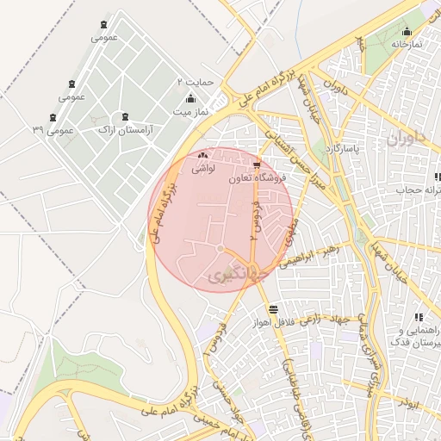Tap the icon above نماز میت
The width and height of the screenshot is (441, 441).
pyautogui.click(x=191, y=99)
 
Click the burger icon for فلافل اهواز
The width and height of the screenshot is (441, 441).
pyautogui.click(x=273, y=308)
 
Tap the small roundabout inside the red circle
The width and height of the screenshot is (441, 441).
pyautogui.click(x=220, y=249)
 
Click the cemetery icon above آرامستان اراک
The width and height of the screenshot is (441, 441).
pyautogui.click(x=126, y=116)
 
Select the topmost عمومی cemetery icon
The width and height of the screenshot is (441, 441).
pyautogui.click(x=104, y=25)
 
